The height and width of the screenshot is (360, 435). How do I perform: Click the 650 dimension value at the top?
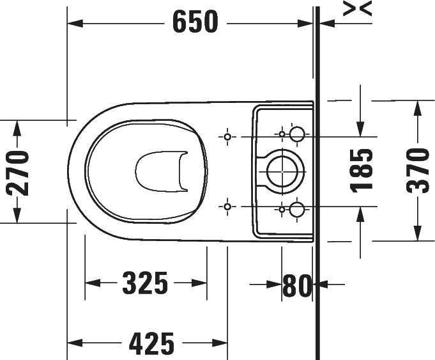(195, 23)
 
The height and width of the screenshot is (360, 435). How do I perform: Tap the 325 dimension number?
(145, 283)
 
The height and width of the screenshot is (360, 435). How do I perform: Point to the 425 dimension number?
(151, 344)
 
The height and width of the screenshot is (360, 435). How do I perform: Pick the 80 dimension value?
(296, 285)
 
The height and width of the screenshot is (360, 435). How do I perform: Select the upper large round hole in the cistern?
(298, 134)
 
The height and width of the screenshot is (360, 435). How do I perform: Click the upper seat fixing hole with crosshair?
(227, 137)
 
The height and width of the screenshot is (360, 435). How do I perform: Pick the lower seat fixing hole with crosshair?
(227, 206)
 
